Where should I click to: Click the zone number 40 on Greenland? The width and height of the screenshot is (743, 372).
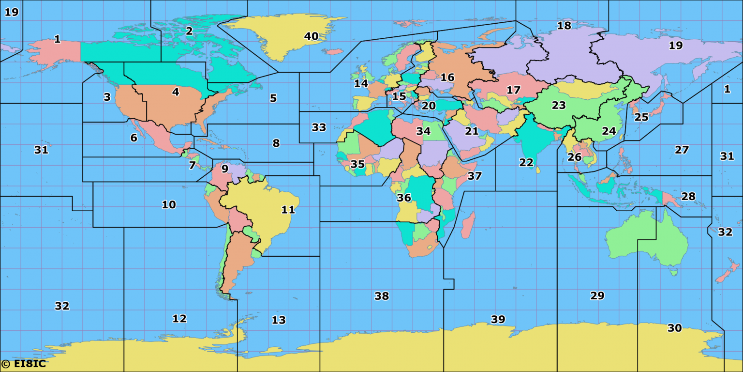click(311, 36)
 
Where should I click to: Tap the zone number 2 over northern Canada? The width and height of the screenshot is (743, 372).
click(189, 31)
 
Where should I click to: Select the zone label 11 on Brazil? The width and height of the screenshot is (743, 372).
click(288, 210)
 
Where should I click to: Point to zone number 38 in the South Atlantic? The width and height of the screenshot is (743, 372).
click(382, 296)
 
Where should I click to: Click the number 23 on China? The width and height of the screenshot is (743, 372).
click(559, 105)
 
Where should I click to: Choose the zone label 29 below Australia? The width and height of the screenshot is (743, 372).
click(597, 295)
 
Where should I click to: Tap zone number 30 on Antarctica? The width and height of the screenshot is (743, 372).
click(674, 328)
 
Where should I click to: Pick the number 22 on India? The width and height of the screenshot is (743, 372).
click(526, 163)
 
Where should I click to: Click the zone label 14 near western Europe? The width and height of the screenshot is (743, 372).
click(361, 83)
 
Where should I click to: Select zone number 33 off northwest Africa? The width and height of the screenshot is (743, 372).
click(319, 127)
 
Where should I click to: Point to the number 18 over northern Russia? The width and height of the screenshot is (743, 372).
click(565, 26)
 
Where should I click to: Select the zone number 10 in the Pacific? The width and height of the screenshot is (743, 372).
click(169, 204)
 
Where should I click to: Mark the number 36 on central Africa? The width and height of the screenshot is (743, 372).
click(404, 198)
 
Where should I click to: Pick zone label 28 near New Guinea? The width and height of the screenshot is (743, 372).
click(688, 196)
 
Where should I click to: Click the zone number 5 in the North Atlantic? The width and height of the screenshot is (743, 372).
click(273, 98)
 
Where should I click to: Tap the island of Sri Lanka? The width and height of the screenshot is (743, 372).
click(538, 169)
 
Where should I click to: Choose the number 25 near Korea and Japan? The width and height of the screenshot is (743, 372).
click(641, 117)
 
